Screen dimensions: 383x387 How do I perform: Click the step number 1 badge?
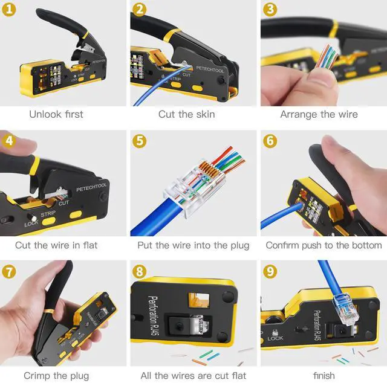(9, 10)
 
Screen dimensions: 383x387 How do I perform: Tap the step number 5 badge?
(140, 141)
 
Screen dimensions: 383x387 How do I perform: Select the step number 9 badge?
(270, 271)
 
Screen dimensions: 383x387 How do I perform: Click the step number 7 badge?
(9, 271)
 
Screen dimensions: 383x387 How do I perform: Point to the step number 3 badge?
(270, 10)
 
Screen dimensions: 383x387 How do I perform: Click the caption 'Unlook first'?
(56, 114)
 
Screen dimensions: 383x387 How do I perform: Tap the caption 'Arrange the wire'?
(319, 114)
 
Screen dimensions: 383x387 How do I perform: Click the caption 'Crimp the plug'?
(56, 376)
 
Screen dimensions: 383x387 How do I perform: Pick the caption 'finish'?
(319, 376)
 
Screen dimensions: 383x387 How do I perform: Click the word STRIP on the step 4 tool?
(48, 213)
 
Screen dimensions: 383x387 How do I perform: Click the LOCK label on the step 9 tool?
(275, 338)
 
